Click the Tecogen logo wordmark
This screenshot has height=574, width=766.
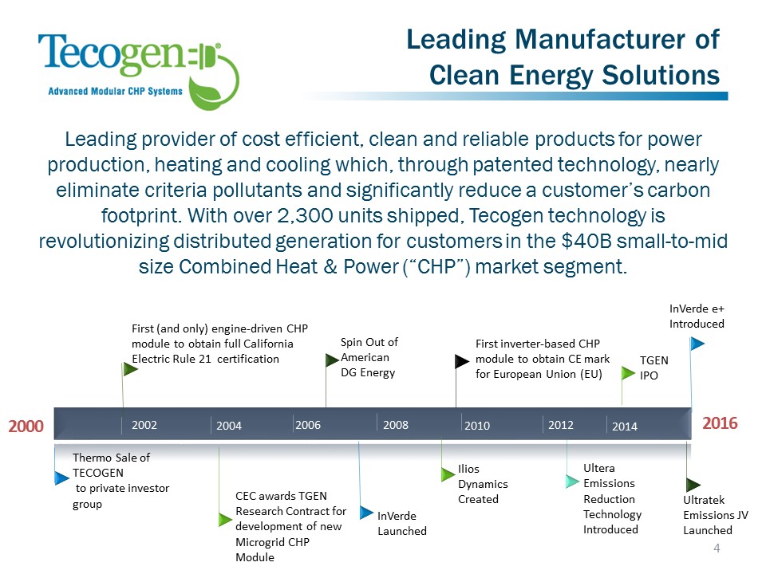(112, 54)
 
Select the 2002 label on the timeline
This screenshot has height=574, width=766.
(144, 425)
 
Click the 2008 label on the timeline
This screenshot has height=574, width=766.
(395, 425)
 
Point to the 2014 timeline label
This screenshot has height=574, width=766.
(624, 427)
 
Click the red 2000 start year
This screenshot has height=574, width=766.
(26, 426)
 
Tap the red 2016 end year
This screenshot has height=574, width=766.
(720, 423)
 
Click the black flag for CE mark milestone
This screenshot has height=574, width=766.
(462, 361)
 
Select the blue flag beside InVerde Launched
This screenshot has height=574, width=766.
(366, 512)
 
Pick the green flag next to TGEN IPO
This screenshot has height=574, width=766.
(628, 373)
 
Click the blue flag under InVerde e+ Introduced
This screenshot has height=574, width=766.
(697, 344)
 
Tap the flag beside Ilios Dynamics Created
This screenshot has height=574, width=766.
(448, 474)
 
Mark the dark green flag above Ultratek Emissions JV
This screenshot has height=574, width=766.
(693, 485)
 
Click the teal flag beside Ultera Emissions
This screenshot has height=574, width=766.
(573, 482)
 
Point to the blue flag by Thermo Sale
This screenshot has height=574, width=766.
(62, 478)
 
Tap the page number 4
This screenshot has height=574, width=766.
(717, 548)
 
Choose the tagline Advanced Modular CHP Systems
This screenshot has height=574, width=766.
(115, 91)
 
